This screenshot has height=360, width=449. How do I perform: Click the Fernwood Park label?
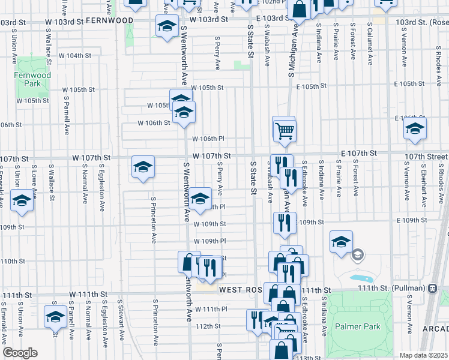tap(28, 80)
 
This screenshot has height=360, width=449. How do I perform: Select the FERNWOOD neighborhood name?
tap(109, 20)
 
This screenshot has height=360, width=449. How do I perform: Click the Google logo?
tap(19, 353)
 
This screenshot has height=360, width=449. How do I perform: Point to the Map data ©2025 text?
tap(423, 355)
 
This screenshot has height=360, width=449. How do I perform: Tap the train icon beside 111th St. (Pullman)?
tap(432, 287)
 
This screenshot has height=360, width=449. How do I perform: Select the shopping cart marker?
tap(284, 129)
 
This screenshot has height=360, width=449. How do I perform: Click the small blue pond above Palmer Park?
tap(360, 279)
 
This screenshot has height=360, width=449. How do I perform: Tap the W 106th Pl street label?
tap(208, 139)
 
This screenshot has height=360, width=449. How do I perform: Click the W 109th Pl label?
tap(209, 241)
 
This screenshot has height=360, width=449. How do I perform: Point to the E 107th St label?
tap(359, 154)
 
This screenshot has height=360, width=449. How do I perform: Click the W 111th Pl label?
tap(210, 308)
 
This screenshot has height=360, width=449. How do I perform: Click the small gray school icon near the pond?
tap(357, 256)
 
